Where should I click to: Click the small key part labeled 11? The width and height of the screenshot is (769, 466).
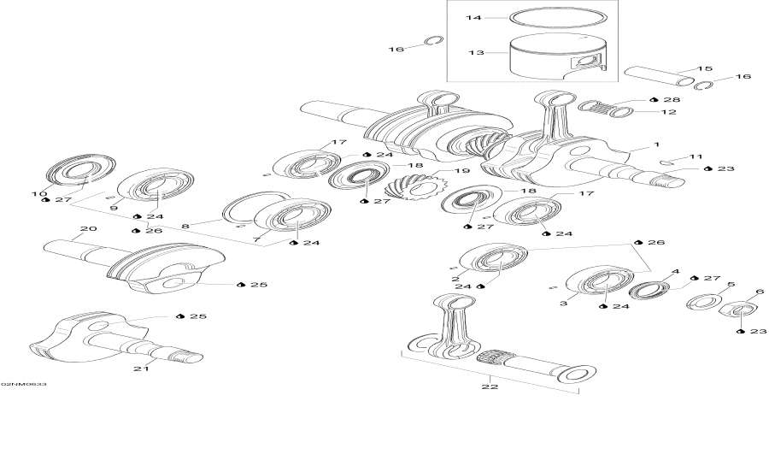pos(669,162)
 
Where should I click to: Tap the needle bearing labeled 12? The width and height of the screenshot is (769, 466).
pos(606,109)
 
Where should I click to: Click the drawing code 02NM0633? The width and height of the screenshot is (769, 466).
pos(24,385)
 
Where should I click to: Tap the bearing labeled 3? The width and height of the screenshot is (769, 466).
pos(595,282)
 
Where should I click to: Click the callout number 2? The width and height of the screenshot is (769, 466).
pos(456,279)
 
